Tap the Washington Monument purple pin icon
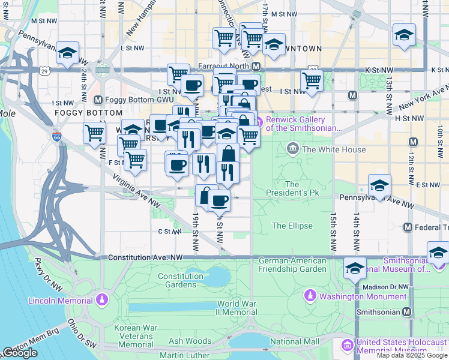(310, 296)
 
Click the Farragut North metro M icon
(256, 66)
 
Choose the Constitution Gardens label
(181, 280)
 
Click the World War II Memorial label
(237, 308)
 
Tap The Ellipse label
(292, 226)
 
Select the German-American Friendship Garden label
(292, 265)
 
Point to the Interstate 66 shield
(57, 137)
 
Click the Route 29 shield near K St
(44, 71)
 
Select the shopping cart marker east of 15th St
(312, 79)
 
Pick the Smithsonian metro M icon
(408, 312)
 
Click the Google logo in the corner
(20, 353)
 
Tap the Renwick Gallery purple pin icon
(259, 124)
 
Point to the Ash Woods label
(190, 341)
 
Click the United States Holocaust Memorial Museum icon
(348, 346)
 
